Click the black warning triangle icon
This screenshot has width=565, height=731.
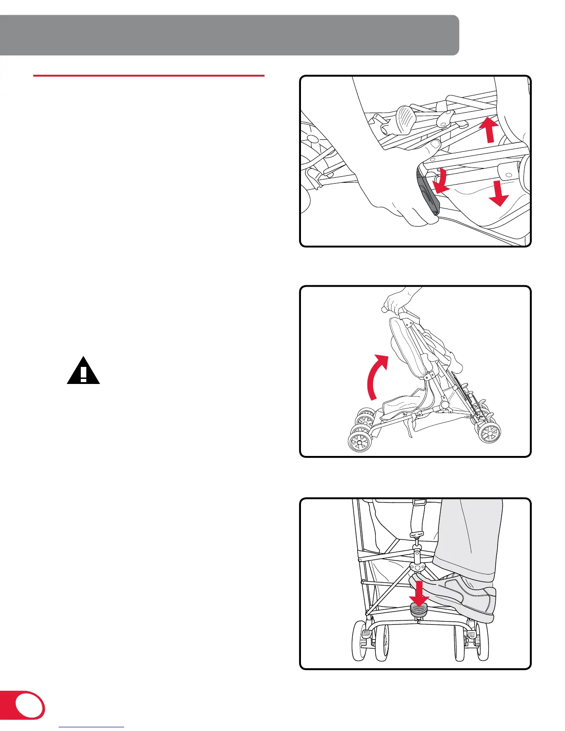83,371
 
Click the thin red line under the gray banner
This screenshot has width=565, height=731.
149,75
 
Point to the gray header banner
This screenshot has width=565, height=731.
229,35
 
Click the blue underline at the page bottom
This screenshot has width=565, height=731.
92,727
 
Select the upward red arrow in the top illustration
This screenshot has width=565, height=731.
490,130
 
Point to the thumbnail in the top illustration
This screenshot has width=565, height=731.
433,146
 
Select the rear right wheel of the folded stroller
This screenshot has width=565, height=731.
489,433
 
